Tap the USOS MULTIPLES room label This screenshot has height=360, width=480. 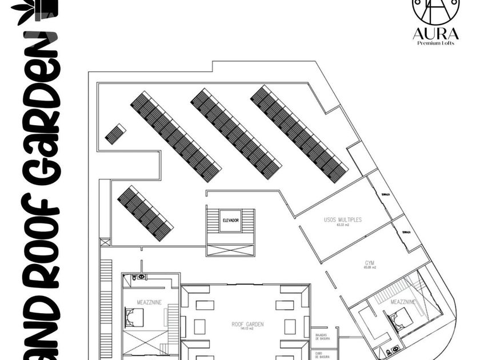point(343,219)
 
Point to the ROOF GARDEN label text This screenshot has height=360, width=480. point(247,324)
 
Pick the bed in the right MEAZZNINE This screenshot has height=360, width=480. point(403,318)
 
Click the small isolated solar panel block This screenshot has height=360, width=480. point(115,134)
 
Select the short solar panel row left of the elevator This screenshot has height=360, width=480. point(145,213)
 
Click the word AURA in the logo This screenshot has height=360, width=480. point(435,34)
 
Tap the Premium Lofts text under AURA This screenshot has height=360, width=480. point(435,43)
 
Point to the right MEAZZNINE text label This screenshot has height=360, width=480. point(403,301)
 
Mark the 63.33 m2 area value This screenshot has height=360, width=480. point(343,225)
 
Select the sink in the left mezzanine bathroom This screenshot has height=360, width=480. point(141,277)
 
